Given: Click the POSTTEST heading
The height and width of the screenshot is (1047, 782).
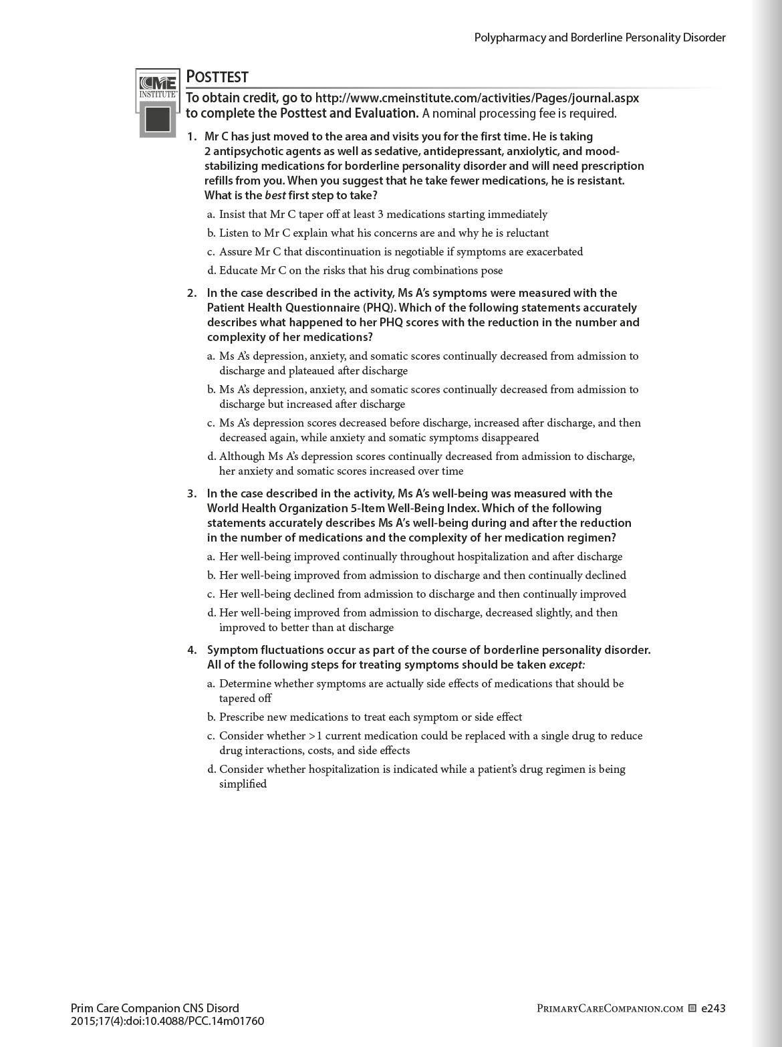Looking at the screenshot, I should (x=217, y=77).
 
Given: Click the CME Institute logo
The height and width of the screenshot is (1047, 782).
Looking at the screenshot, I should (x=158, y=102).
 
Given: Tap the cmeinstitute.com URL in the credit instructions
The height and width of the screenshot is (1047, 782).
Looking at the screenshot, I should (x=477, y=98).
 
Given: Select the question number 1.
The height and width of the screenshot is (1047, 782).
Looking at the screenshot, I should (x=192, y=136).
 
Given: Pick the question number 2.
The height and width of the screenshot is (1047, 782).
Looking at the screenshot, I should (x=192, y=293).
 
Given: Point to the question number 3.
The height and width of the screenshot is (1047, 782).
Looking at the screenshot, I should (x=192, y=493).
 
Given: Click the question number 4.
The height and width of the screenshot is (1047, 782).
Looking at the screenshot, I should (x=192, y=650).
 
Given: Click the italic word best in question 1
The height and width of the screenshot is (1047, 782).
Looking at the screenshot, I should (x=275, y=195).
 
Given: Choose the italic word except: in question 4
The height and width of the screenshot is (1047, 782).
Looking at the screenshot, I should (x=567, y=665).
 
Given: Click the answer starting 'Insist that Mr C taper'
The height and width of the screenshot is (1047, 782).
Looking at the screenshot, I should (x=383, y=215).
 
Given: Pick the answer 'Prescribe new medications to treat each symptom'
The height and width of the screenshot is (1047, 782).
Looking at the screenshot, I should (x=370, y=717).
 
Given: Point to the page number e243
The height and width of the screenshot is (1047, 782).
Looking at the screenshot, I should (x=712, y=1008).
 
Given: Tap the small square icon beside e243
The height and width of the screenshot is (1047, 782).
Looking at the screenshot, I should (x=692, y=1008).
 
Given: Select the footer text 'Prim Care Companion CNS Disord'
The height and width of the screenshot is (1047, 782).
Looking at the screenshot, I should (x=154, y=1008).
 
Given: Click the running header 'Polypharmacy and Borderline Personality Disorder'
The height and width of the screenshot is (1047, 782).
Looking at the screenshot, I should (x=600, y=37).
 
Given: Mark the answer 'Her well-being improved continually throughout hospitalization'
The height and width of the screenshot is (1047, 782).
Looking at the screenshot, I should (x=420, y=556).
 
